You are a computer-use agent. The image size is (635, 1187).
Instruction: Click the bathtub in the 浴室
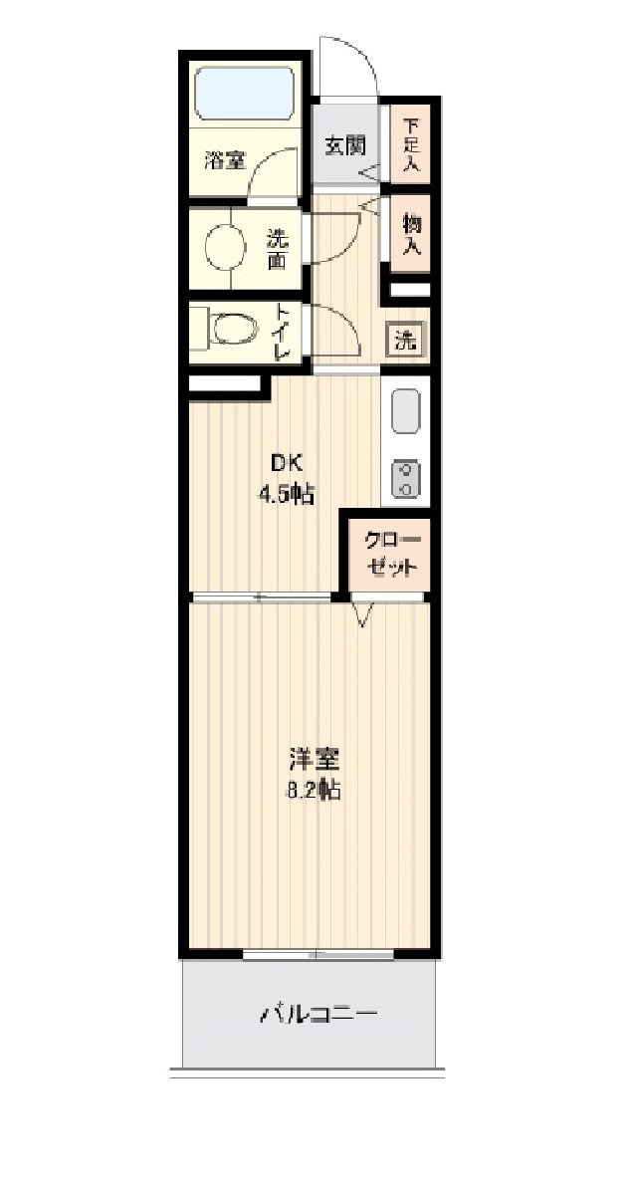244,95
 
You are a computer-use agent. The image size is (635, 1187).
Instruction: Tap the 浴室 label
225,159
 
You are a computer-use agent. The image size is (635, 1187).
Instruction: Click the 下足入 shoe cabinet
409,144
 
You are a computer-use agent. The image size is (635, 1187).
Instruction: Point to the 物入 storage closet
410,236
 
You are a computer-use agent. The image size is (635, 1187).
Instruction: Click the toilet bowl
230,329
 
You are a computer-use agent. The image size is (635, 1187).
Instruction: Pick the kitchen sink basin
405,411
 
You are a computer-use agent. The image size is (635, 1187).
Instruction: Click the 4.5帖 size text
287,494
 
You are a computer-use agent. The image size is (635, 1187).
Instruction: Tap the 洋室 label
315,761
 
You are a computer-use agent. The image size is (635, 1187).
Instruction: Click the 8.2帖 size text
315,793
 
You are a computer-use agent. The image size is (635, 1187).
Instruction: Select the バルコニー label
318,1016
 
